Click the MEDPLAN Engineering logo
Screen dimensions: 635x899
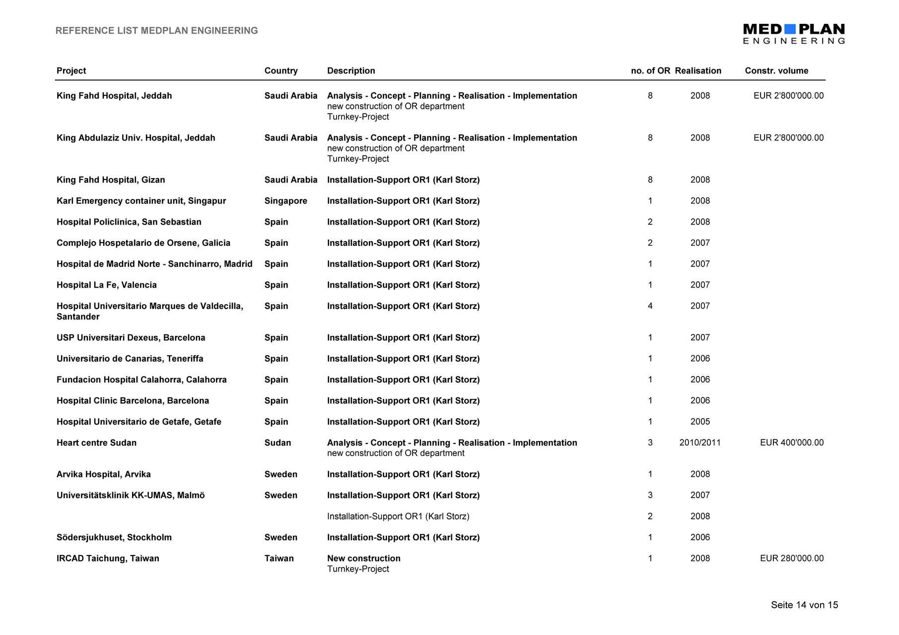[x=793, y=34]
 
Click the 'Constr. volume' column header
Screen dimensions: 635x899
[x=776, y=70]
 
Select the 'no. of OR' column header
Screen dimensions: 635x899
[x=650, y=70]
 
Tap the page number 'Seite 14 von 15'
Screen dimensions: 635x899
[x=804, y=605]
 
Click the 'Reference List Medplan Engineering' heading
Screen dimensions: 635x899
[x=156, y=31]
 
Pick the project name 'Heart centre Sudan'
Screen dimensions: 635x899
[x=96, y=443]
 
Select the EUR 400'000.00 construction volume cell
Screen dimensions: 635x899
[x=791, y=443]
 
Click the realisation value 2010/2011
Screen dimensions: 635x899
[x=699, y=443]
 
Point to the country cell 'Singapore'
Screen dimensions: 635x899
[x=285, y=201]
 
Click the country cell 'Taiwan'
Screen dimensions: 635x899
[x=279, y=558]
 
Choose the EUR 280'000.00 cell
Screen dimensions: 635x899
[x=791, y=558]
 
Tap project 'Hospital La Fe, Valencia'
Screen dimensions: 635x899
[x=106, y=285]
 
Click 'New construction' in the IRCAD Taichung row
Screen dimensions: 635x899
[x=363, y=558]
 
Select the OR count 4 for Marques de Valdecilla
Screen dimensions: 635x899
[x=650, y=306]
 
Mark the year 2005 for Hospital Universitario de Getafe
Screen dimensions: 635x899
[x=700, y=422]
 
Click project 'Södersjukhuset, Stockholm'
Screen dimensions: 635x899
[x=114, y=537]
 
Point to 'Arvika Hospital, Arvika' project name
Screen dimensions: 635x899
[x=103, y=474]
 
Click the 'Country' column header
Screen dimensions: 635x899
[x=281, y=70]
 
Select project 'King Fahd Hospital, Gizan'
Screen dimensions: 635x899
[x=111, y=180]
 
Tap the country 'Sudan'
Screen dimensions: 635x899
[x=277, y=443]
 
